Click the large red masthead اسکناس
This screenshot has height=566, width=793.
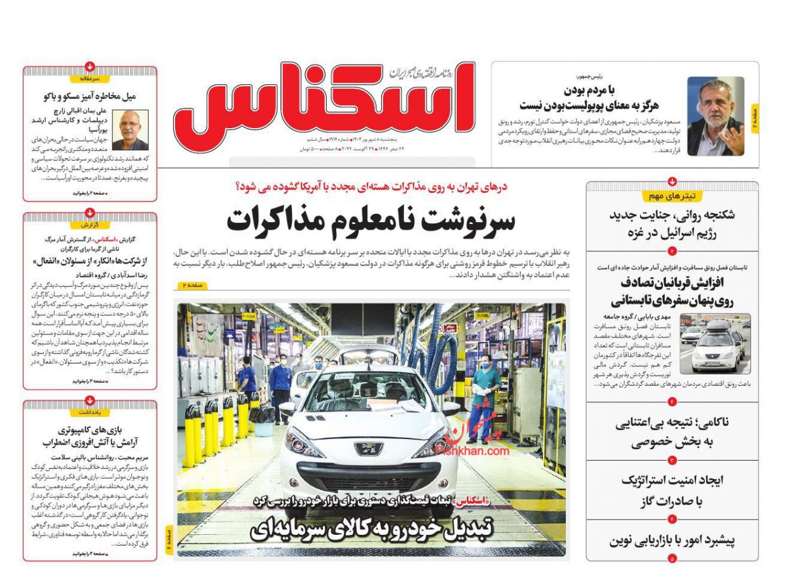coord(324,102)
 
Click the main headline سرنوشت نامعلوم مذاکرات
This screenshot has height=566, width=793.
coord(371,220)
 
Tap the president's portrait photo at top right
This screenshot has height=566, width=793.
coord(716,116)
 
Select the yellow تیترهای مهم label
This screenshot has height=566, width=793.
coord(672,196)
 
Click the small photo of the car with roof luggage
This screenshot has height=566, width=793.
coord(714,343)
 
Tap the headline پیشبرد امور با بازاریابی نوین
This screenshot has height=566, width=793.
coord(672,541)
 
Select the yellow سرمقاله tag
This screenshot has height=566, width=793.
coord(90,79)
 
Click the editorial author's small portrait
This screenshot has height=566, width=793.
coord(130,129)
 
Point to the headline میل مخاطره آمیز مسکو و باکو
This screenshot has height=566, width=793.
coord(90,96)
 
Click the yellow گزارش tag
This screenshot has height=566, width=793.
coord(90,225)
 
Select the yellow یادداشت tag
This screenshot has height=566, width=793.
coord(90,412)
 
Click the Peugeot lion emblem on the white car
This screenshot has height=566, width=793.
coord(369,449)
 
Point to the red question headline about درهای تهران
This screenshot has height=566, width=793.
coord(371,187)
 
